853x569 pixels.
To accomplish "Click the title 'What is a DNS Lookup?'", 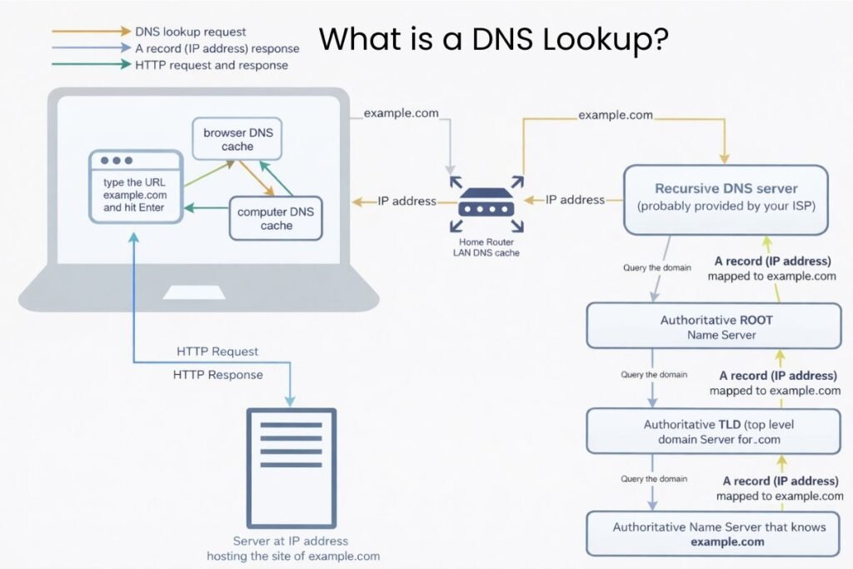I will [x=492, y=38].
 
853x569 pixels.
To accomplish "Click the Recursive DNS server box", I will [x=726, y=198].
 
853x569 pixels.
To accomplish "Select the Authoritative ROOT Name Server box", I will [x=713, y=327].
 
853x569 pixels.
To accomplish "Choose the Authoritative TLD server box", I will [x=713, y=431].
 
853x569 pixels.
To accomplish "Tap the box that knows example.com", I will [x=718, y=533].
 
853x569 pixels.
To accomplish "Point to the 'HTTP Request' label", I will [x=217, y=352].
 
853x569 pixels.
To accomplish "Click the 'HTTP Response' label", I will [x=217, y=375].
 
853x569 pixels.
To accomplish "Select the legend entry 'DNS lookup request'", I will [x=190, y=32].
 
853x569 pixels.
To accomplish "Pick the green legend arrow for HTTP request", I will [x=88, y=64].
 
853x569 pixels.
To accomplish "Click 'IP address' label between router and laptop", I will [x=407, y=201].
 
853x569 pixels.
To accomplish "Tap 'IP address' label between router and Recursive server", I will [x=575, y=200].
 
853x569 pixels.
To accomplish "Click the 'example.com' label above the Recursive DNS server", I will [x=615, y=115].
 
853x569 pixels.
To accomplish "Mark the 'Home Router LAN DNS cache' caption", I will [x=486, y=247].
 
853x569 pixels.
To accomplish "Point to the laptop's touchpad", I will [x=198, y=292].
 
